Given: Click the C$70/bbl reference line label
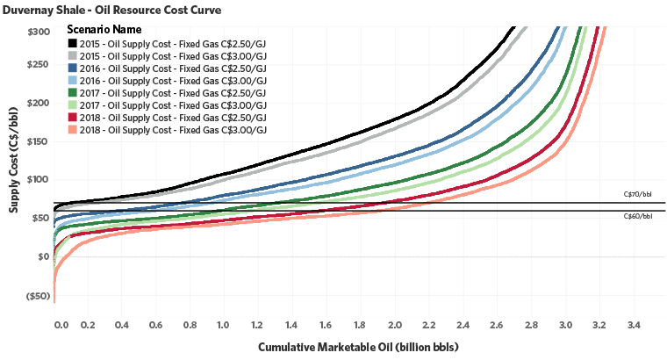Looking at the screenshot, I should (637, 195).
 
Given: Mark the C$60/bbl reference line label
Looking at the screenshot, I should (637, 216).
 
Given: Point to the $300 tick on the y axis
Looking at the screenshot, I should (38, 32).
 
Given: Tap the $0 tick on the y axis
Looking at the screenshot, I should (43, 256).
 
